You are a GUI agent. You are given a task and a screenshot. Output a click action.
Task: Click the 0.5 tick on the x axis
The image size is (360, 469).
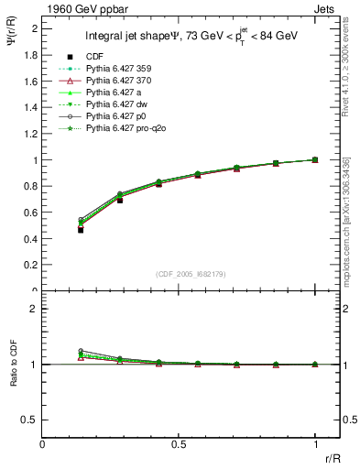[180, 443]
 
